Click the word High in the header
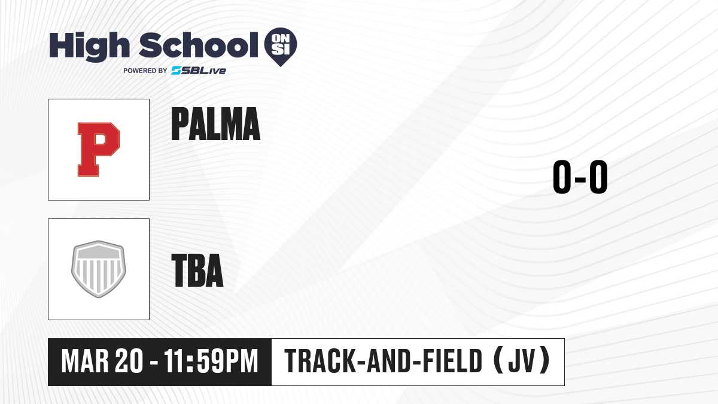pos(90,47)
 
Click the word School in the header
pos(199,45)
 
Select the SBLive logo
pos(199,71)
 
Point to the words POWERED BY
pos(145,71)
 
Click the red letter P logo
pos(99,150)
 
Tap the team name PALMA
pos(216,124)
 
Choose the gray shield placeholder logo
pos(99,269)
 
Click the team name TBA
pos(197,270)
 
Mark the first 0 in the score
pos(562,177)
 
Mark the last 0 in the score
pos(598,177)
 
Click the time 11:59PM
pos(211,362)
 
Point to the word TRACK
pos(320,362)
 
